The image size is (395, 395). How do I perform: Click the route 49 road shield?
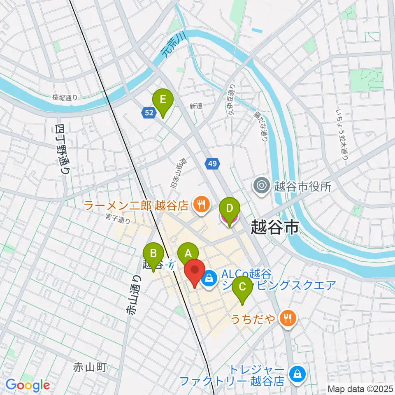click(x=212, y=164)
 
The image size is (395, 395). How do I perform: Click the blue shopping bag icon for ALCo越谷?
click(x=209, y=279)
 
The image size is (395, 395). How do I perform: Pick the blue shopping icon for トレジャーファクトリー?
click(x=297, y=374)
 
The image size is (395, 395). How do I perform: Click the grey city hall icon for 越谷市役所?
click(x=262, y=186)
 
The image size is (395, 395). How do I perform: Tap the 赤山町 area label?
click(x=90, y=367)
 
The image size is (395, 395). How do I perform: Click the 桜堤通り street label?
click(x=65, y=98)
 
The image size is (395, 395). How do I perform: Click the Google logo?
click(x=28, y=385)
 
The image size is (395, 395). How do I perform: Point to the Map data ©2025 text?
click(x=360, y=388)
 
